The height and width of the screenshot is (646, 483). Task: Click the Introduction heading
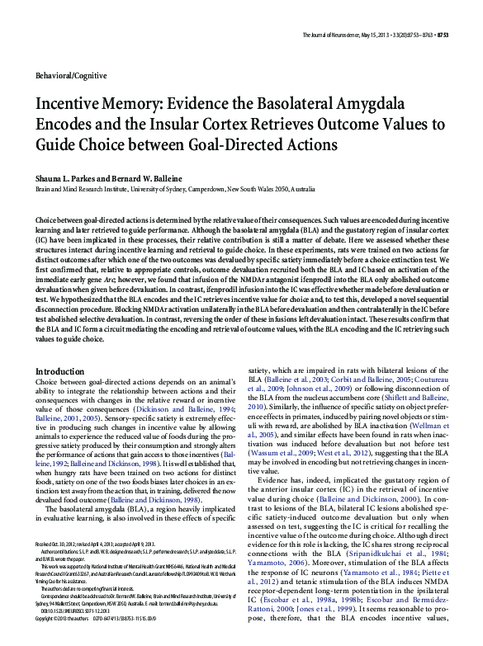tap(60, 372)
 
